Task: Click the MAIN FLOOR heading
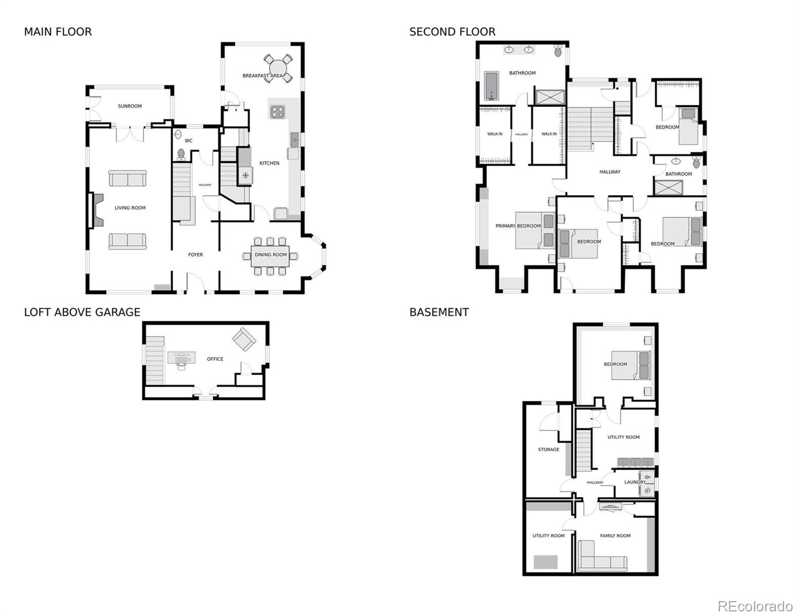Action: tap(58, 32)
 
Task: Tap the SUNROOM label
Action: tap(129, 106)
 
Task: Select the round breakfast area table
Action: tap(278, 68)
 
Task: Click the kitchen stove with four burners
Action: tap(277, 112)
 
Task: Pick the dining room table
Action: tap(270, 256)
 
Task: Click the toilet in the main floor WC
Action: tap(181, 155)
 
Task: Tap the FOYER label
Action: tap(196, 255)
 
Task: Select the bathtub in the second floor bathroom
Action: tap(491, 86)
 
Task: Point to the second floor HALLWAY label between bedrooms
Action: tap(610, 171)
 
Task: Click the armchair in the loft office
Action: tap(244, 339)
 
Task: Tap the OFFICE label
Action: tap(215, 359)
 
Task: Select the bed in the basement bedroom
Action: tap(631, 365)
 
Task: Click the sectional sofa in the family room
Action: tap(601, 556)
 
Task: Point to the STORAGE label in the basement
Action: tap(548, 450)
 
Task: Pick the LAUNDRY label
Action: tap(635, 482)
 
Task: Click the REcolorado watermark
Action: tap(755, 606)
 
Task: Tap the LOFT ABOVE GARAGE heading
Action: tap(82, 312)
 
